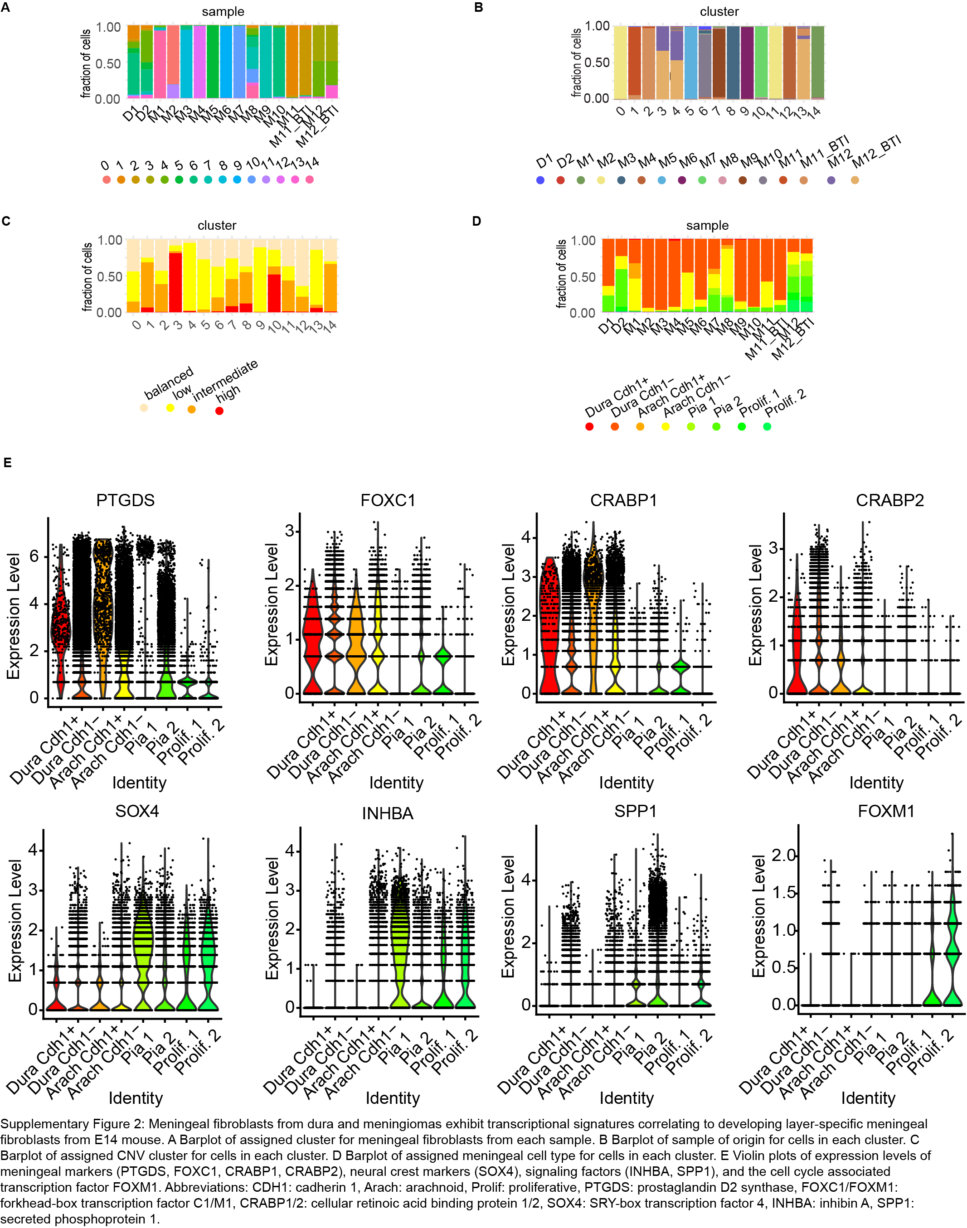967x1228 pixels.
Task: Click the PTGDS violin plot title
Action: point(125,500)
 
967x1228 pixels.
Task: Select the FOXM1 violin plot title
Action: point(886,811)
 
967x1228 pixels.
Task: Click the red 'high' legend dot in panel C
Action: point(219,411)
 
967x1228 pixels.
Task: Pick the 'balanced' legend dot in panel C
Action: point(144,407)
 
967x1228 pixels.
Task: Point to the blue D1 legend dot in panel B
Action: point(540,180)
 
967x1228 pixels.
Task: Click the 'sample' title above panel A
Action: point(223,11)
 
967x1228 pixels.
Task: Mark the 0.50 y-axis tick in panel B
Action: point(597,62)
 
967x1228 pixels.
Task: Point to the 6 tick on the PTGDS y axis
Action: point(34,556)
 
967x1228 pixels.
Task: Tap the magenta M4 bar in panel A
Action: point(199,62)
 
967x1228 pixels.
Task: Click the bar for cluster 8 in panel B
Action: point(733,62)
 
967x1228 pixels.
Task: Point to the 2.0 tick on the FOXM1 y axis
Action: point(783,855)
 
